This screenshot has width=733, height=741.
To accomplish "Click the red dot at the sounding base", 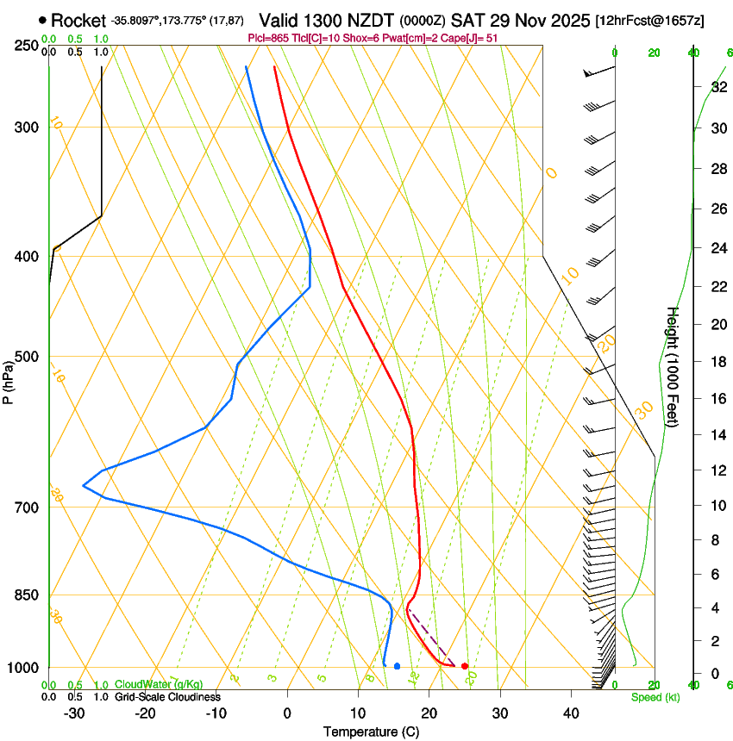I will pos(465,666).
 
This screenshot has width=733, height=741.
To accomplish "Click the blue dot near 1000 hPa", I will pos(397,666).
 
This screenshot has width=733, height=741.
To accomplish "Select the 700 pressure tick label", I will pos(27,507).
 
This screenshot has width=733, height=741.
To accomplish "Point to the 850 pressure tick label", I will pos(27,595).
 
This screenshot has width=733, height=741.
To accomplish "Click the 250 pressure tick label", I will pos(27,46).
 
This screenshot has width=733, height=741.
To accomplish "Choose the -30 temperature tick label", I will pos(74,713).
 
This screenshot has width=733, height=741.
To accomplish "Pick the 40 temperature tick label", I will pos(571,713).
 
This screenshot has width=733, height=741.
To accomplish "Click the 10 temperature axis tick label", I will pos(358,713).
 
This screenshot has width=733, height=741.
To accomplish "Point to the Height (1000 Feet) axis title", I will pos(673,367).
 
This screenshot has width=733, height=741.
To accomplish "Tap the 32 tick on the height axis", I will pos(718,86).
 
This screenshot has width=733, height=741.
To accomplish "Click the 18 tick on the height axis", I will pos(718,362).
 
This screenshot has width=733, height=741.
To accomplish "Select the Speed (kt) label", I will pos(655,697).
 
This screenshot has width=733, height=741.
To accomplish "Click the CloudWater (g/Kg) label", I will pos(159,685).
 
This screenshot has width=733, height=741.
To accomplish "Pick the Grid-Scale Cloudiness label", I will pos(167,697).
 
